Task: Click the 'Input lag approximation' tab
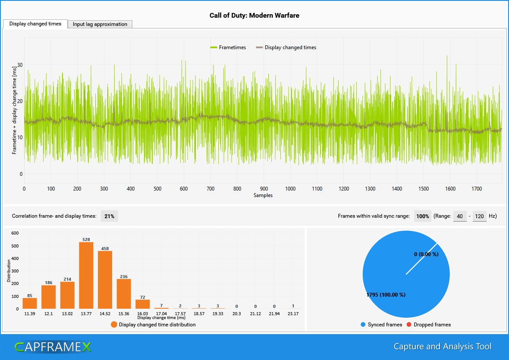click(100, 24)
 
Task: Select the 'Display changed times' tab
click(35, 24)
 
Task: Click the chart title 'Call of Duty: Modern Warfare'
click(255, 16)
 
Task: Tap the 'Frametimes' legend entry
click(228, 47)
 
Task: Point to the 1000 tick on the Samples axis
click(290, 189)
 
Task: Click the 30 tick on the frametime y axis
click(20, 65)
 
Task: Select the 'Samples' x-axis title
click(263, 195)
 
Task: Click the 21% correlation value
click(109, 216)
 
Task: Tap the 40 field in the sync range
click(460, 216)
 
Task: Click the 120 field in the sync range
click(479, 216)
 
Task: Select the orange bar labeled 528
click(86, 275)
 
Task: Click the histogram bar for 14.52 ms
click(105, 280)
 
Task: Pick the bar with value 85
click(30, 303)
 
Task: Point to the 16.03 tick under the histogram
click(142, 313)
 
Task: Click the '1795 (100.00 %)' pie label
click(386, 295)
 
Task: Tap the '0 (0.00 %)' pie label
click(426, 254)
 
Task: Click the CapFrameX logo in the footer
click(53, 347)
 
